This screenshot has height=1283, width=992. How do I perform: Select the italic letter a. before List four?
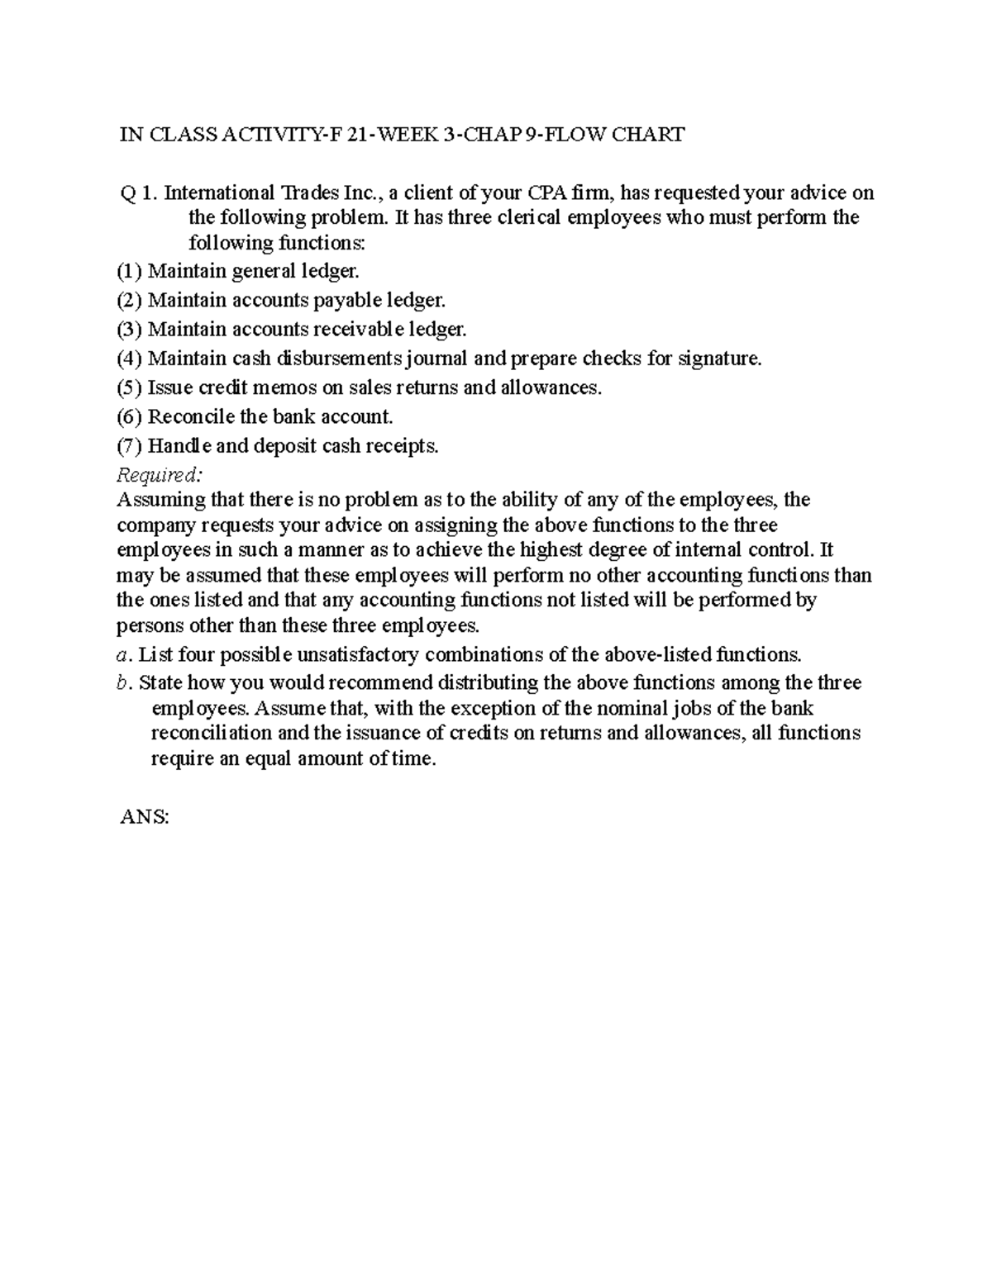[x=124, y=655]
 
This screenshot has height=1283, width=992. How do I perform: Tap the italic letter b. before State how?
[x=124, y=683]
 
